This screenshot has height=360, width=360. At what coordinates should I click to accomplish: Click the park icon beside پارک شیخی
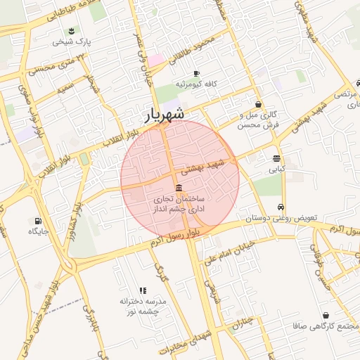(x=71, y=30)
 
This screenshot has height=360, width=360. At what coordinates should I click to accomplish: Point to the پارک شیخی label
(x=70, y=41)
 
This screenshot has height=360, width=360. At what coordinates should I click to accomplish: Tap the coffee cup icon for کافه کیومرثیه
(x=196, y=73)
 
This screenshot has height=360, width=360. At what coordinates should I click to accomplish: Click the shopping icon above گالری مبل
(x=259, y=104)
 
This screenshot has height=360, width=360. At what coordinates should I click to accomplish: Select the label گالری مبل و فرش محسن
(x=259, y=120)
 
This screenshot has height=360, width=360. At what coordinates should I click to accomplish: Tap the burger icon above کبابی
(x=276, y=158)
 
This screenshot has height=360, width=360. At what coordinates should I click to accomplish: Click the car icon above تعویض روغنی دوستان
(x=281, y=207)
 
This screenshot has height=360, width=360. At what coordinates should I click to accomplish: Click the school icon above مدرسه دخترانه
(x=143, y=290)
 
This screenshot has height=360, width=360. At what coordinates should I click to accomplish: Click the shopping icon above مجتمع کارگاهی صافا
(x=326, y=316)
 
